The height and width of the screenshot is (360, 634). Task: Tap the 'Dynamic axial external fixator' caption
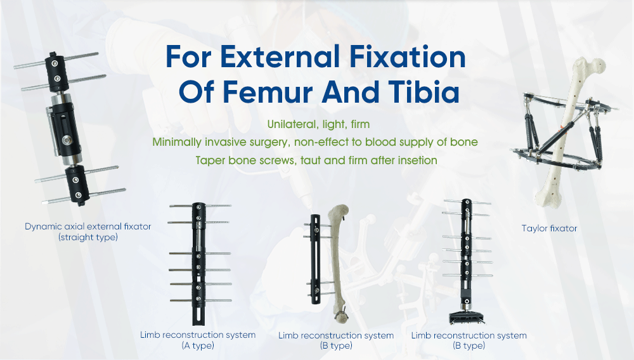pos(88,226)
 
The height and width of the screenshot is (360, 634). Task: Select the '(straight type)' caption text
pos(88,238)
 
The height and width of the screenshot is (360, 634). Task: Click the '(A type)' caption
pos(197,345)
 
